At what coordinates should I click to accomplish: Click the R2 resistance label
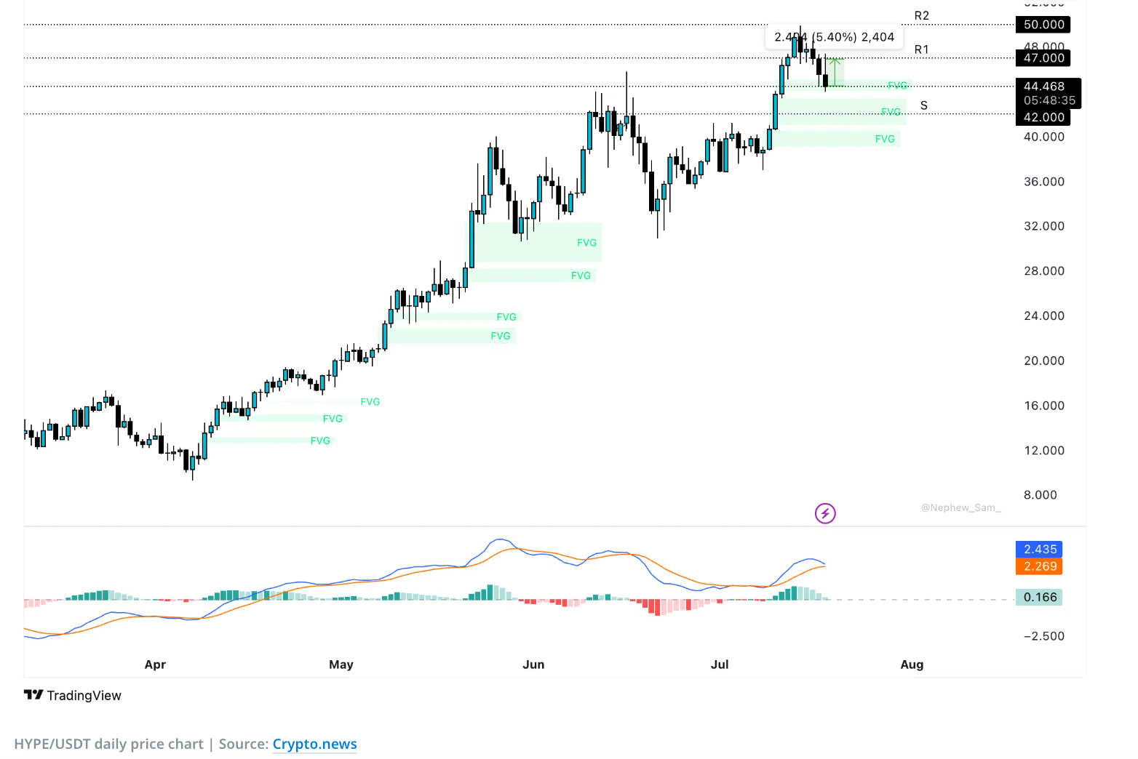pos(921,15)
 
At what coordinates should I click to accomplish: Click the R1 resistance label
pos(921,49)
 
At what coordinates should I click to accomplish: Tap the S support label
pos(923,105)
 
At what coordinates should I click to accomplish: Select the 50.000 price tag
pos(1043,25)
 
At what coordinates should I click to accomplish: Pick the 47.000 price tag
pos(1043,58)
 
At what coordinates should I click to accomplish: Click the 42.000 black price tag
pos(1043,117)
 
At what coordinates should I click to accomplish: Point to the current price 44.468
pos(1043,87)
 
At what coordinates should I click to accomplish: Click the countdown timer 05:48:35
pos(1049,100)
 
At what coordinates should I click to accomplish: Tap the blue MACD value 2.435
pos(1040,550)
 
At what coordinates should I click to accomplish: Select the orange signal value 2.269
pos(1040,566)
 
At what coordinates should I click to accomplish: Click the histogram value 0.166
pos(1040,598)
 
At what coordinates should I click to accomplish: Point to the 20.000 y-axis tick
pos(1043,361)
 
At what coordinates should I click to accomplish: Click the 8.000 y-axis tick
pos(1040,495)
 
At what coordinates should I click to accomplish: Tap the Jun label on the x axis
pos(533,664)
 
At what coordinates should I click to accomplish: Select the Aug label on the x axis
pos(912,664)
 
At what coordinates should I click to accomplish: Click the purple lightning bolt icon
pos(825,514)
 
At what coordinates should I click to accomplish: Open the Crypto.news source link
pos(314,744)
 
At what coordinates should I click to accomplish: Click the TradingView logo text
pos(83,696)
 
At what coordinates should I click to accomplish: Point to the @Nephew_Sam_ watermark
pos(960,507)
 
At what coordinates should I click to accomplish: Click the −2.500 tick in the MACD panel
pos(1043,636)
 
